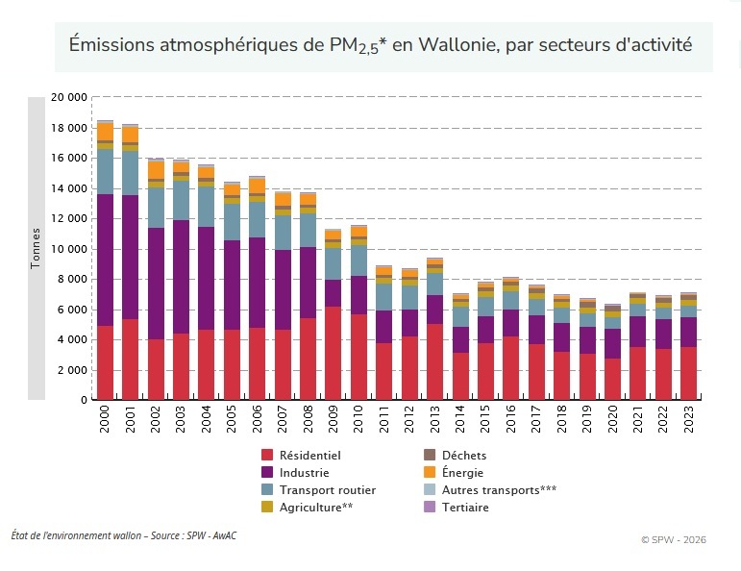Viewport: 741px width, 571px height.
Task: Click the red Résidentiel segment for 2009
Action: click(x=333, y=353)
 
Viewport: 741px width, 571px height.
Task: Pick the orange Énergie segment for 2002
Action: click(x=156, y=169)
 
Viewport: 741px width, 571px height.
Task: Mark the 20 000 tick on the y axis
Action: click(x=68, y=98)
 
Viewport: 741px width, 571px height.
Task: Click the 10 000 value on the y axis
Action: click(x=68, y=249)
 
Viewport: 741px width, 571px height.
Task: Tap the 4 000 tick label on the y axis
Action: click(x=72, y=339)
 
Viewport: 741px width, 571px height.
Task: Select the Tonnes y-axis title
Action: click(x=37, y=247)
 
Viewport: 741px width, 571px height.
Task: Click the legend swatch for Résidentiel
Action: click(x=268, y=455)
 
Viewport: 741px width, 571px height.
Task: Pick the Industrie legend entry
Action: click(x=304, y=472)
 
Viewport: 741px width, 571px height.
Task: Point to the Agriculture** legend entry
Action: click(x=315, y=507)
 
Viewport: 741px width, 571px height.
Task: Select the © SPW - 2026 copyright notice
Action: click(x=673, y=539)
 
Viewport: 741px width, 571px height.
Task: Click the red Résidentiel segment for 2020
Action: click(x=612, y=379)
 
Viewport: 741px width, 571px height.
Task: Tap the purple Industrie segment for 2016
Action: click(x=510, y=323)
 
